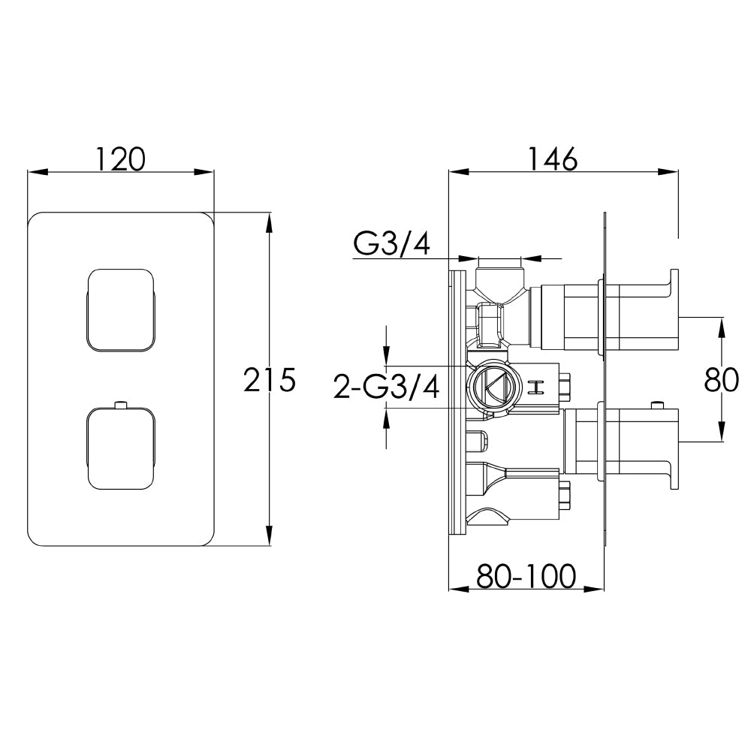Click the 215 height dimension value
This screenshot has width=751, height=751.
click(x=270, y=380)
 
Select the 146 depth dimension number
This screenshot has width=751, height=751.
click(x=552, y=158)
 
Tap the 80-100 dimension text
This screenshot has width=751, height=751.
click(x=526, y=576)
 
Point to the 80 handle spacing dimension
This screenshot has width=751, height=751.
click(x=722, y=380)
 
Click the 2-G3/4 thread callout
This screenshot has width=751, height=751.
click(x=386, y=388)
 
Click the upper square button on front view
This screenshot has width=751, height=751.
click(x=121, y=309)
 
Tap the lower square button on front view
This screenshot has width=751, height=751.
click(x=121, y=448)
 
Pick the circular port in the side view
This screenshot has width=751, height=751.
click(x=490, y=387)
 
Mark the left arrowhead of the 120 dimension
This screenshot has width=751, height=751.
click(x=34, y=172)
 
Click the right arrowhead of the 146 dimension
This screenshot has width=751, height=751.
click(x=673, y=172)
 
